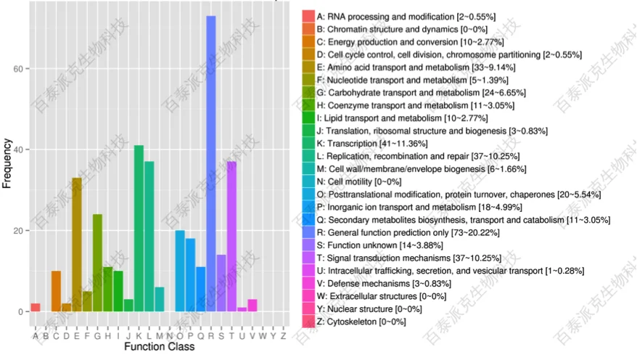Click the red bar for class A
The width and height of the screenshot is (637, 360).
point(35,308)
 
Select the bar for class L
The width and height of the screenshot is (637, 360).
point(149,237)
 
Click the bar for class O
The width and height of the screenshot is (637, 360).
point(180,271)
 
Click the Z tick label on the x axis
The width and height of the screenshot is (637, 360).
point(283,335)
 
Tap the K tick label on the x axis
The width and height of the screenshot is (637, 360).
point(139,335)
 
